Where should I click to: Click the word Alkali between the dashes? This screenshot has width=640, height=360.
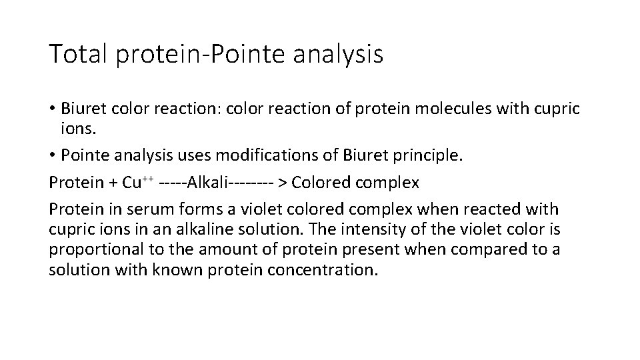(209, 182)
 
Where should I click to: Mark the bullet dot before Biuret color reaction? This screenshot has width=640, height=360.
(53, 108)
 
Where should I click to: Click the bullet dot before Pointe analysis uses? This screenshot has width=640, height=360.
(53, 155)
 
